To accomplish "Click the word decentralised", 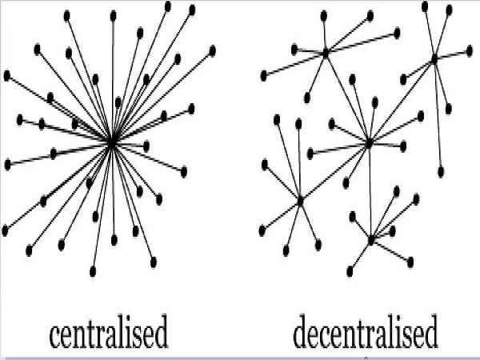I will click(x=366, y=334).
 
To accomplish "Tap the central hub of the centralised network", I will click(x=112, y=142).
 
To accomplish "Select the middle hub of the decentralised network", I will click(x=369, y=143).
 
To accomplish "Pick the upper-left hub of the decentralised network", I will click(x=326, y=54).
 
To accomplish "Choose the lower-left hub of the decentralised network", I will click(x=300, y=201).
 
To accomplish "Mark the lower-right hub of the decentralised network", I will click(x=371, y=239).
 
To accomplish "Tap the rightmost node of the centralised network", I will click(x=213, y=50).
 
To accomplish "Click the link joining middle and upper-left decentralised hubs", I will click(x=347, y=98).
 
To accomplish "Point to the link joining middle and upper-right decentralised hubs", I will click(x=402, y=100).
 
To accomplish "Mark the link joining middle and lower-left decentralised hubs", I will click(x=334, y=172).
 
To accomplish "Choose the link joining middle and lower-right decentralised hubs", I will click(x=370, y=192).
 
